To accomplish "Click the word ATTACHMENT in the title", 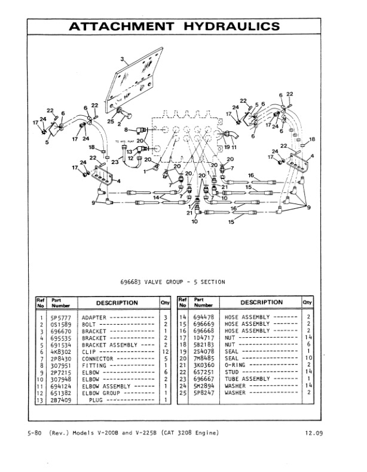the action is [x=122, y=26].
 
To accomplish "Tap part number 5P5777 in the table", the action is [x=59, y=317].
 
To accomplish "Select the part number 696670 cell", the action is [x=59, y=331].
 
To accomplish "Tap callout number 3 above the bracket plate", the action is [x=122, y=59].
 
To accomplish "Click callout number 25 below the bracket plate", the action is [x=110, y=122].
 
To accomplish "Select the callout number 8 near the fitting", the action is [x=126, y=128].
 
